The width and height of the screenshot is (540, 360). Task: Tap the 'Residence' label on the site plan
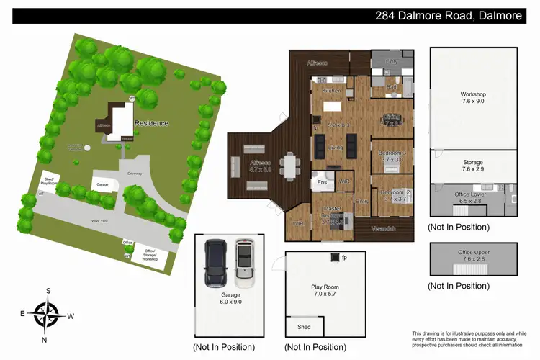[151, 123]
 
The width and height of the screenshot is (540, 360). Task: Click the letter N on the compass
[45, 339]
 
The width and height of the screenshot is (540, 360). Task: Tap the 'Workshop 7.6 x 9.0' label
[473, 98]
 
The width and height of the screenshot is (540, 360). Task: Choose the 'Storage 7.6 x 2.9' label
[473, 166]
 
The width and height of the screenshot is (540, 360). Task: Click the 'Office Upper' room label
[473, 253]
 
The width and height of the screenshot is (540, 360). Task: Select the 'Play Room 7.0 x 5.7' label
[325, 291]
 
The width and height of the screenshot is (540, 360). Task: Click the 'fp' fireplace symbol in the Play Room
[343, 257]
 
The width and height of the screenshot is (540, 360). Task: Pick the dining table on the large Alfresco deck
[290, 167]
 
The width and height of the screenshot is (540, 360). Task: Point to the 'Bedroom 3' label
[392, 153]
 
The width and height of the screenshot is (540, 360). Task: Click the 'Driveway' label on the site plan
[135, 173]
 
